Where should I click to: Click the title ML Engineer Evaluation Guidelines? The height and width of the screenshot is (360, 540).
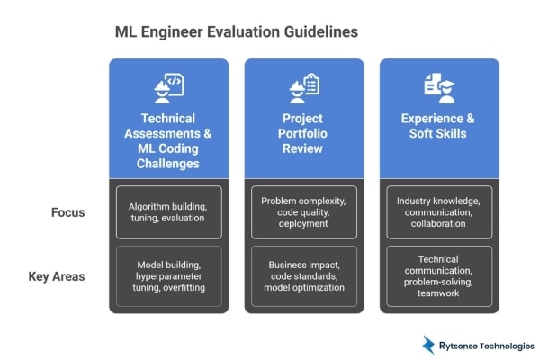coord(237,31)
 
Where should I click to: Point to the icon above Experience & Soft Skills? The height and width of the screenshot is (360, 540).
coord(439,86)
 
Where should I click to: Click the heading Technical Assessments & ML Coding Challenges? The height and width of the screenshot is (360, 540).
coord(168,140)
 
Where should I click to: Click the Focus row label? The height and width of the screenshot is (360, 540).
coord(68,212)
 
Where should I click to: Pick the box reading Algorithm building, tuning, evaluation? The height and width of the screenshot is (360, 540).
coord(168,212)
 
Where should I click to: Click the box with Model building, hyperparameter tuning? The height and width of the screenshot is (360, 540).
coord(168,276)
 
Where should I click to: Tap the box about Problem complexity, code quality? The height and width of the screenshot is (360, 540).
coord(304,212)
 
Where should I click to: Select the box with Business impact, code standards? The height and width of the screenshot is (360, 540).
coord(304,276)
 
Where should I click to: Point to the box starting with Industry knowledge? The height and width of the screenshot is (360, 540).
coord(439,212)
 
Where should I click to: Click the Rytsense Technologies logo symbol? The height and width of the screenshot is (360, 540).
coord(428,345)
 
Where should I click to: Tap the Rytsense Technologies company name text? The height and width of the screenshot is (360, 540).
coord(487,346)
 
